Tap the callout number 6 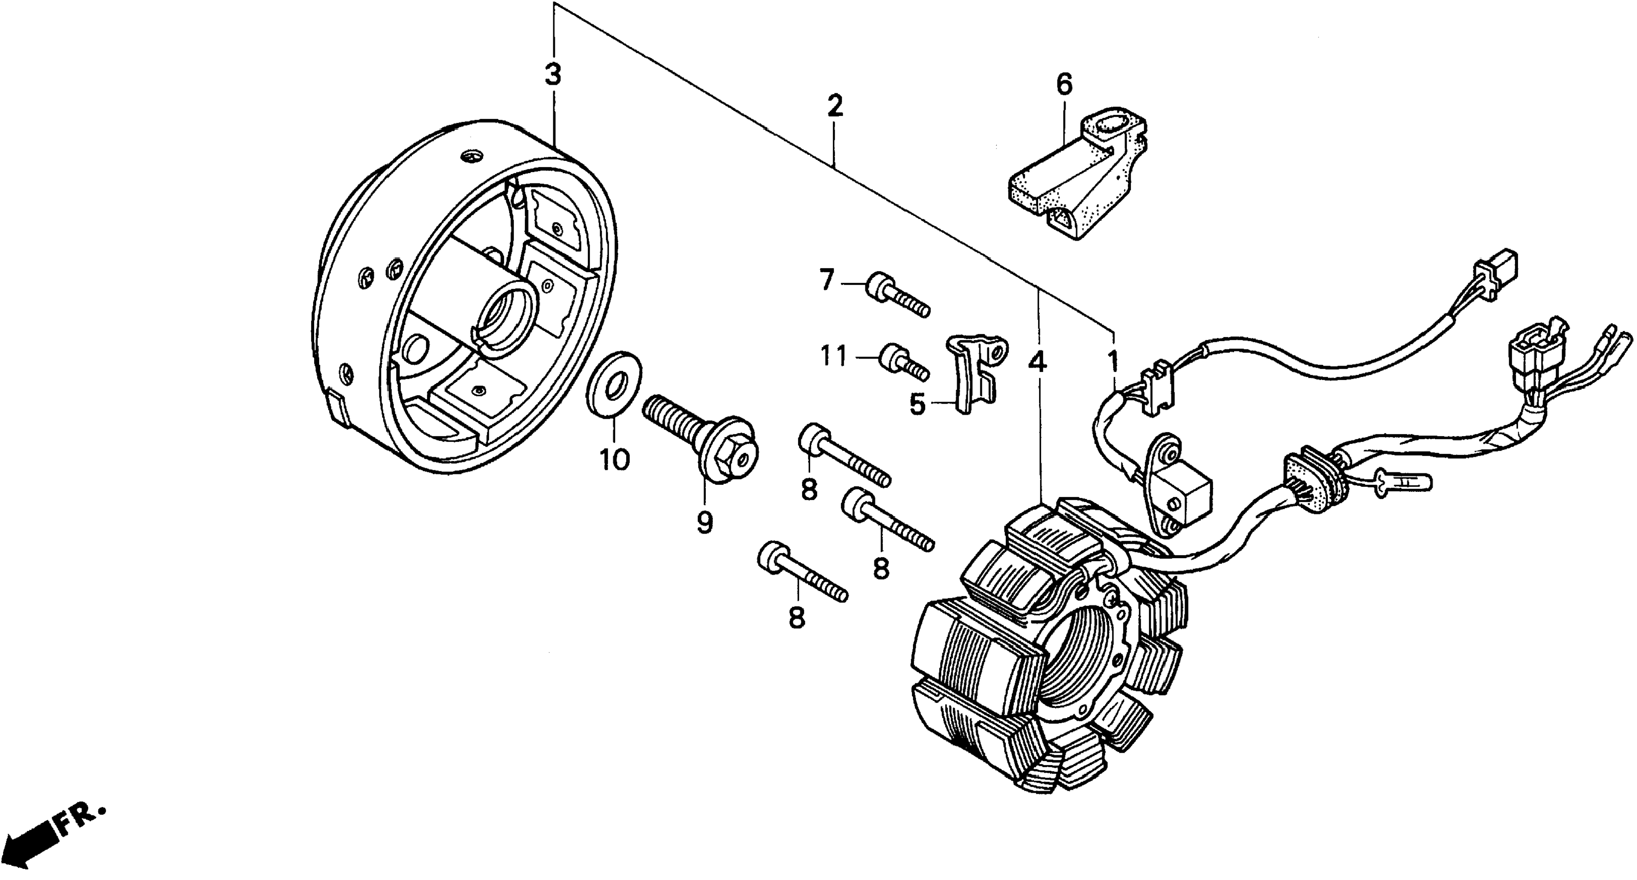pos(1064,83)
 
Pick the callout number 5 pos(917,404)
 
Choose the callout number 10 pos(614,459)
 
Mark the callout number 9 pos(704,522)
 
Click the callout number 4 pos(1037,361)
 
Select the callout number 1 pos(1113,361)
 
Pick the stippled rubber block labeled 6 pos(1074,181)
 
